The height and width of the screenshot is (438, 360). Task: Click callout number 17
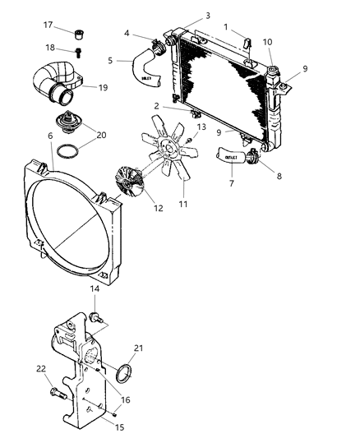tap(48, 25)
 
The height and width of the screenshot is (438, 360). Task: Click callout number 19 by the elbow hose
tap(104, 86)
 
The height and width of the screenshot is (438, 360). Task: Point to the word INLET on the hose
tap(147, 78)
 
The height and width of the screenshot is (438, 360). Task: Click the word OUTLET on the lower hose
tap(233, 156)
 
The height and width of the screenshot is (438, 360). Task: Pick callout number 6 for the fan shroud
tap(51, 136)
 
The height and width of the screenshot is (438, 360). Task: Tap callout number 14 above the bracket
tap(95, 290)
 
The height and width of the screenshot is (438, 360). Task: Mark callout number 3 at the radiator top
tap(208, 16)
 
